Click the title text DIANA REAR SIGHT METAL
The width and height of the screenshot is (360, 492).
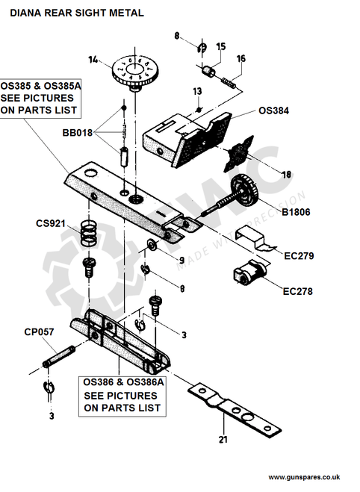point(77,13)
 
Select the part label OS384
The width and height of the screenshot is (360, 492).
point(273,110)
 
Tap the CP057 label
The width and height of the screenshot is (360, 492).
point(39,332)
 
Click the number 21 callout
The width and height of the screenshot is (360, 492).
point(222,440)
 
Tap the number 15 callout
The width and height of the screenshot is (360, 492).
point(220,46)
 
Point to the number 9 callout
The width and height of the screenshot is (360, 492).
point(181,260)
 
